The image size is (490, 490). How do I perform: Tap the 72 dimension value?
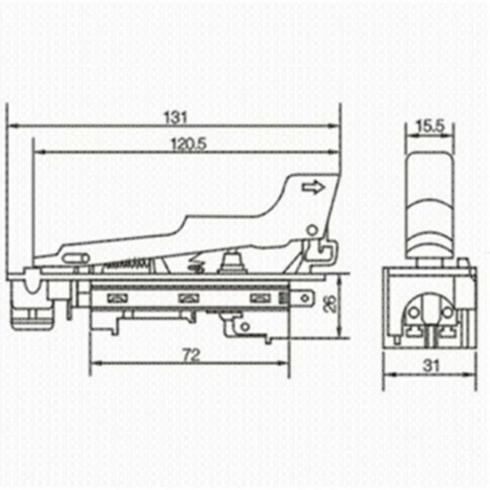click(191, 355)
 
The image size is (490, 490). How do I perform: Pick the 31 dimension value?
click(431, 365)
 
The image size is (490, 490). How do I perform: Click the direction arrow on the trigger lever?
click(313, 187)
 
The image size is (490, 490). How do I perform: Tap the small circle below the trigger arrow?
click(311, 230)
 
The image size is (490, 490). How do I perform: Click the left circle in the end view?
click(415, 312)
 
